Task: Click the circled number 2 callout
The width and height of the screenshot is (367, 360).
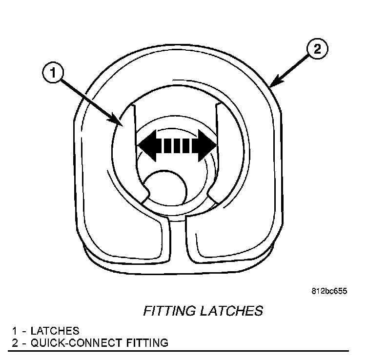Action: [x=317, y=49]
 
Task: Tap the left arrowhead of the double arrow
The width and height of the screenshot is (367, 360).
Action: [x=146, y=145]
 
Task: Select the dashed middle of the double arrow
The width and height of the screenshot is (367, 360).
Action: [x=177, y=145]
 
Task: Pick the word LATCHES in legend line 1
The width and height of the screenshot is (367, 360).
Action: [x=55, y=331]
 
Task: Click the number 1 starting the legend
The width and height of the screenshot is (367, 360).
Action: [x=15, y=331]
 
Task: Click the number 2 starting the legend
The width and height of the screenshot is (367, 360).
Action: [x=15, y=342]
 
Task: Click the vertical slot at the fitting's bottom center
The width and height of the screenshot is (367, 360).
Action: [x=178, y=239]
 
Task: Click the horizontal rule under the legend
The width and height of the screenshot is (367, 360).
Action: [x=181, y=351]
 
